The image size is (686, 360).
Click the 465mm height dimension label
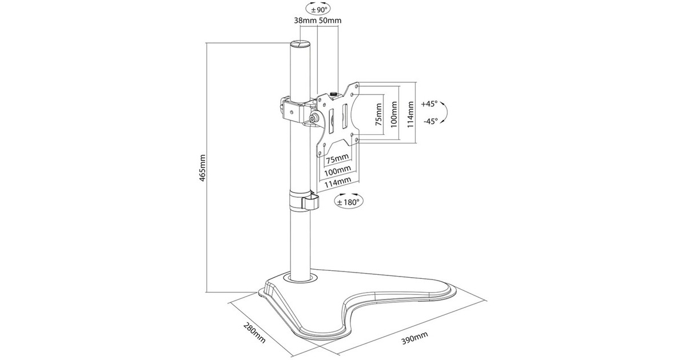[x=203, y=168]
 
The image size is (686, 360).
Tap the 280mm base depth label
[x=254, y=333]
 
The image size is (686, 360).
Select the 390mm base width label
[x=414, y=338]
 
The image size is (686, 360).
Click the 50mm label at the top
[x=330, y=21]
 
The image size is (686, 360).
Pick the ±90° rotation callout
[x=318, y=9]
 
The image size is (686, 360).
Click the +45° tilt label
[x=429, y=104]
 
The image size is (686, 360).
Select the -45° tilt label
[x=430, y=121]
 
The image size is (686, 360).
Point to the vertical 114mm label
[x=410, y=114]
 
